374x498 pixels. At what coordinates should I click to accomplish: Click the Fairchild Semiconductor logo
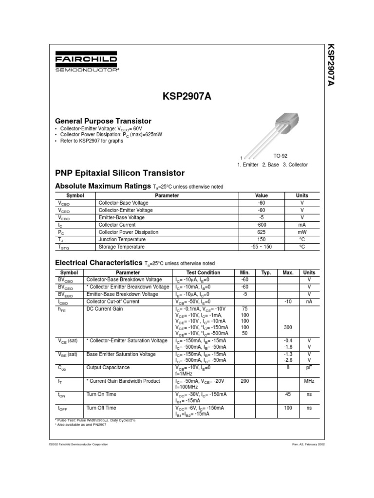86,63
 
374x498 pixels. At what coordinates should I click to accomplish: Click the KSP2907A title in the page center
187,97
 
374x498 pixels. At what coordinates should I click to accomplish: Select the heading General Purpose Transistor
103,121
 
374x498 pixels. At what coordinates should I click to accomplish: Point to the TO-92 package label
280,156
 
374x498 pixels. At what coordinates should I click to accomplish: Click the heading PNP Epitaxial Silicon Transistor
120,173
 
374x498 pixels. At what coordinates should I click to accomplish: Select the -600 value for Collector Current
261,225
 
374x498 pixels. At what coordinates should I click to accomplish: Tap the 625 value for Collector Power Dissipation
261,232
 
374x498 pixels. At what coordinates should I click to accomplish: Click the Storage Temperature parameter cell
122,247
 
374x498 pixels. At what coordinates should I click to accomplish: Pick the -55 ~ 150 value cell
261,247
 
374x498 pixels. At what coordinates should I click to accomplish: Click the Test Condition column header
203,273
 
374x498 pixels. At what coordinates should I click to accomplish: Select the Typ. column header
266,273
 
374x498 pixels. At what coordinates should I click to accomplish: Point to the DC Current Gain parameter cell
105,309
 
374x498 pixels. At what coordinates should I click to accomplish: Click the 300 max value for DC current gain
287,327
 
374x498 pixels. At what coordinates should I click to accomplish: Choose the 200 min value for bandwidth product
244,381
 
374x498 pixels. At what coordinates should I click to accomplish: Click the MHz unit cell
309,381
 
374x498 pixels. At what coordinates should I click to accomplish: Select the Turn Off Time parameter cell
101,408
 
